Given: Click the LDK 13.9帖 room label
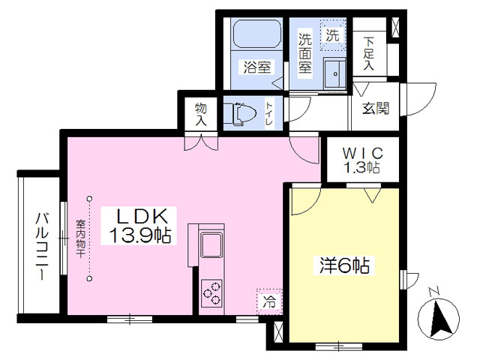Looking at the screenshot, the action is [x=139, y=226].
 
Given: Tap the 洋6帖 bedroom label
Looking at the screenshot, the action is [x=344, y=265].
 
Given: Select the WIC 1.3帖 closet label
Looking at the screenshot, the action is [x=362, y=160].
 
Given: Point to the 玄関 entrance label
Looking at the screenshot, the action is [x=376, y=108].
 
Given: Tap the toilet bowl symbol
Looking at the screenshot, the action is [x=241, y=114].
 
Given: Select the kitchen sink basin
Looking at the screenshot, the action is [x=211, y=244].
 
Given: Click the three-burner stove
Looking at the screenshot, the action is [x=211, y=293].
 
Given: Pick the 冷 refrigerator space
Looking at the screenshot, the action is [x=269, y=301].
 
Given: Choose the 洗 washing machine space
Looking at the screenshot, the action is [x=333, y=35].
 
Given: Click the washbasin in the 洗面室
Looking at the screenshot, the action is [x=334, y=73].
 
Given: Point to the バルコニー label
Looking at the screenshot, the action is [x=42, y=247].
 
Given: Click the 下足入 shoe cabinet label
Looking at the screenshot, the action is [x=369, y=53].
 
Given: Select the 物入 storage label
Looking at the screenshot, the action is [x=201, y=114].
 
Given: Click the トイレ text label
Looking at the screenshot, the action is [x=269, y=113].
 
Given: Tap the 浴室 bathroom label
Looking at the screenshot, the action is [x=257, y=67].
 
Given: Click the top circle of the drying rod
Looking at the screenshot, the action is [x=89, y=199].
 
